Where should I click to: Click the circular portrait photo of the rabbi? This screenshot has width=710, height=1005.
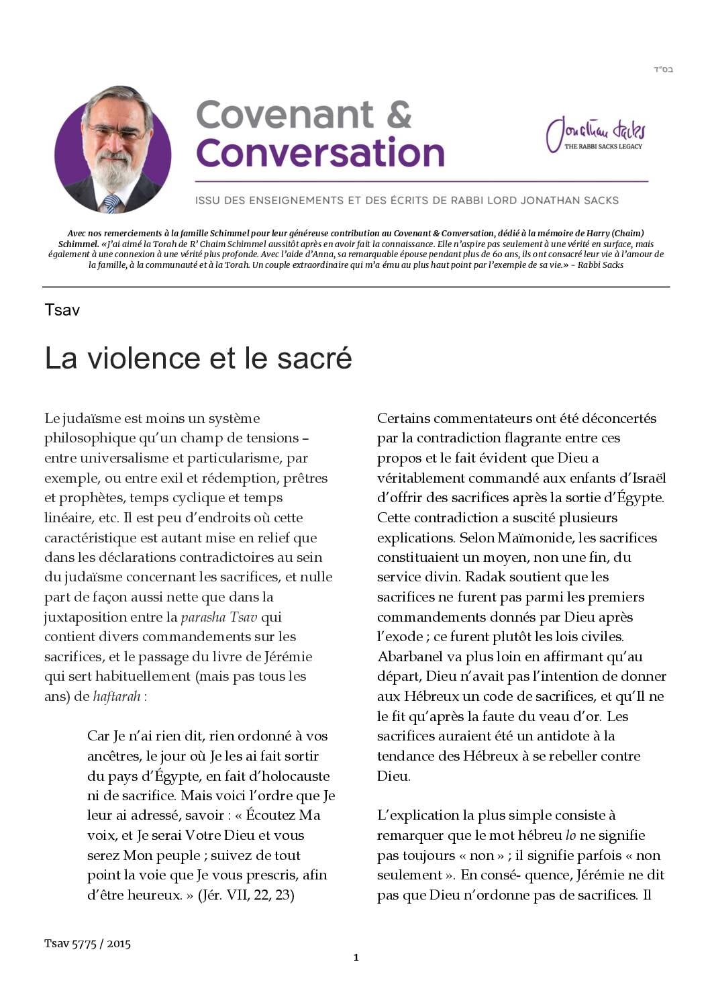pos(113,149)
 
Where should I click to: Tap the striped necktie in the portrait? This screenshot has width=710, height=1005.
pos(111,203)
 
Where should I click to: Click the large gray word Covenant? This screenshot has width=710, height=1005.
pos(285,115)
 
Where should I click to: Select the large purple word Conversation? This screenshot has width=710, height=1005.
pos(320,153)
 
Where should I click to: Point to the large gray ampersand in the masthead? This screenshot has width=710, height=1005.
pos(399,115)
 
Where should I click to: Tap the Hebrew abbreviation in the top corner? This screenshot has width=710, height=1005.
pos(663,70)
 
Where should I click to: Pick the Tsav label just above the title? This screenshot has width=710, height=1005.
pos(62,309)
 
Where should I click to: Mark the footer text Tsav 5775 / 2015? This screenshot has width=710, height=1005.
pos(87,943)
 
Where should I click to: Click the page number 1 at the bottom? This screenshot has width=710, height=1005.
pos(356,957)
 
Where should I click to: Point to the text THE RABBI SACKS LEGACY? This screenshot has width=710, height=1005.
pos(603,146)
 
